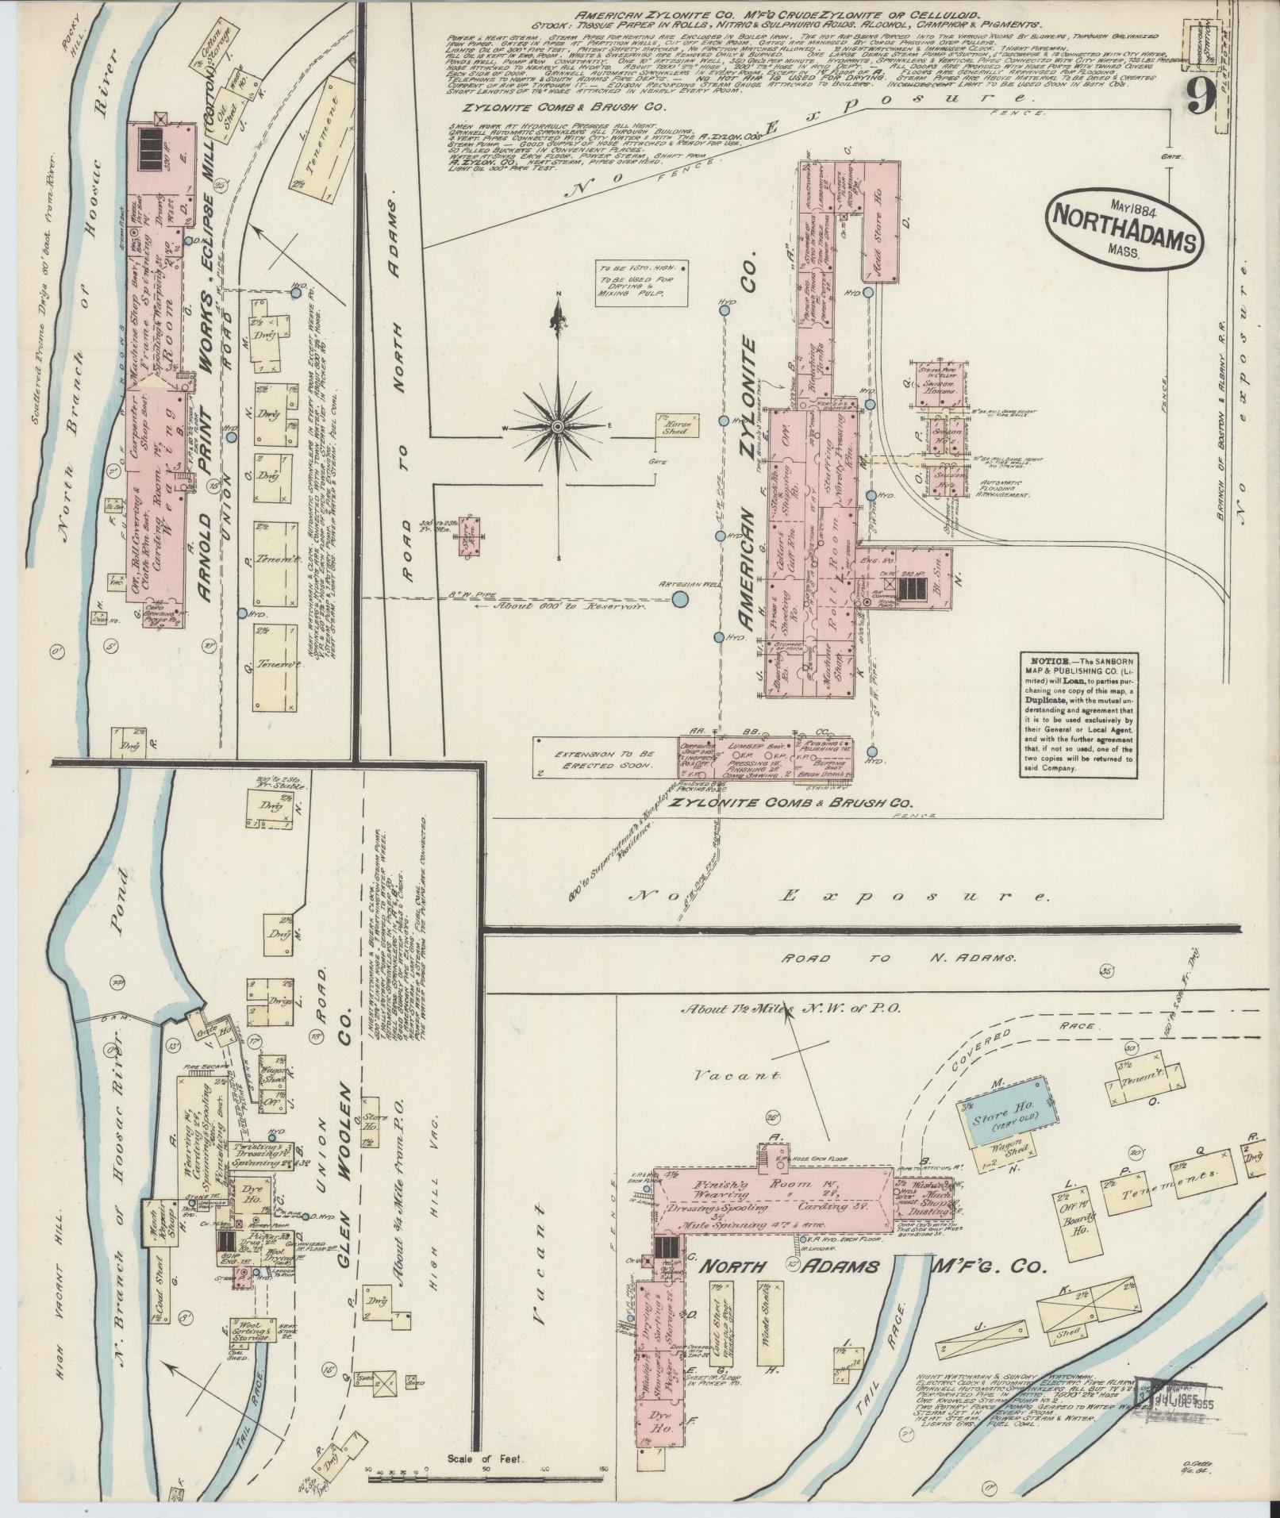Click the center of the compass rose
pos(559,427)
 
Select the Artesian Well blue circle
pos(680,600)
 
